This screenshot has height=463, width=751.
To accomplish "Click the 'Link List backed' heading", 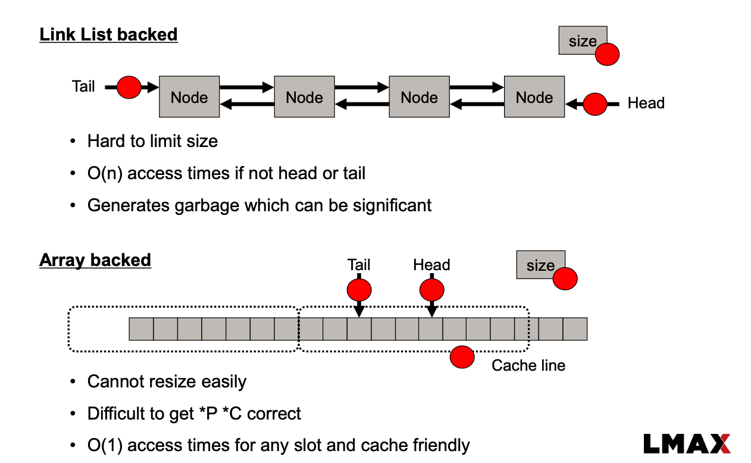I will point(108,35).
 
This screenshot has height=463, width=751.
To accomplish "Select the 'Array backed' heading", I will point(95,260).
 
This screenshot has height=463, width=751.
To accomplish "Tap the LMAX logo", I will point(687,444).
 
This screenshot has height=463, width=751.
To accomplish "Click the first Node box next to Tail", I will point(189,96).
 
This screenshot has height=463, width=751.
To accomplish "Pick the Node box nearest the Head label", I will point(534,96).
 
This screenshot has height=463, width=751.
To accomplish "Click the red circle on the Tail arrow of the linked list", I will point(129,87).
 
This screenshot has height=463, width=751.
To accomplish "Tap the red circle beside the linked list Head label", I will point(594,104).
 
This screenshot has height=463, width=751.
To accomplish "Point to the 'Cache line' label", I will point(528,365).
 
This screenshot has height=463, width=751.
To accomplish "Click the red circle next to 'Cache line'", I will point(462,357).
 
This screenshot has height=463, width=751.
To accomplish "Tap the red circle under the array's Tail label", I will point(359,290).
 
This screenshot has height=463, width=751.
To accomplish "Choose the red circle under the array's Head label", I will point(432,290).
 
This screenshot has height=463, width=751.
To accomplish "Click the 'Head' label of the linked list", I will point(646,104).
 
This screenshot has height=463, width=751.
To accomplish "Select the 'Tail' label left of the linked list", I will point(83,87).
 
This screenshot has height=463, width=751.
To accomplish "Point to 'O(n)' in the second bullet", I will point(105,173).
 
